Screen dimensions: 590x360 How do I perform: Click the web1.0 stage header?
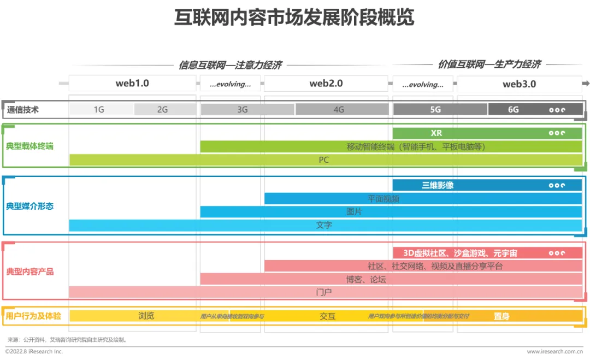click(132, 84)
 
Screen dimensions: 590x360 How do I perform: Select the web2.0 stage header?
click(326, 84)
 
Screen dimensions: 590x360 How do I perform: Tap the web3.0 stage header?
click(519, 84)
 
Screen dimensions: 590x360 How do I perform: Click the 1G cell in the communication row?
click(99, 109)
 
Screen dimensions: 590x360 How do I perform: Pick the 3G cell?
click(243, 109)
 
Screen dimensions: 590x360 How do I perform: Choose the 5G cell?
click(435, 109)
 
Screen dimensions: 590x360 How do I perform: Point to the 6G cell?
click(514, 109)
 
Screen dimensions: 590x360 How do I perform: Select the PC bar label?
click(324, 160)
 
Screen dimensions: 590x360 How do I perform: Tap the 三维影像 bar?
click(438, 185)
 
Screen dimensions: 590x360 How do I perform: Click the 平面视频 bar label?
click(383, 199)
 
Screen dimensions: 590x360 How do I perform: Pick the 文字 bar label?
click(324, 225)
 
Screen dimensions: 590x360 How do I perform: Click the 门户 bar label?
click(324, 292)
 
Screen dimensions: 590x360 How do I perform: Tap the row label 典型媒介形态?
click(30, 206)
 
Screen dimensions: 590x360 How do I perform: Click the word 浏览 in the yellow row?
click(146, 316)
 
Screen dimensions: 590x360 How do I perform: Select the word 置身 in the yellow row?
click(501, 316)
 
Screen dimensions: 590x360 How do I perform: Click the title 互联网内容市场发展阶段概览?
click(294, 17)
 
